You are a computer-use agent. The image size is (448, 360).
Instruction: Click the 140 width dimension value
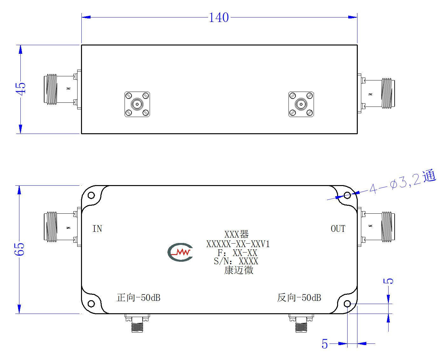(x=219, y=17)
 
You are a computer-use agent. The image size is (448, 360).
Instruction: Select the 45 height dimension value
(x=21, y=89)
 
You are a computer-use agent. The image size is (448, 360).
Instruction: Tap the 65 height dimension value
(x=19, y=249)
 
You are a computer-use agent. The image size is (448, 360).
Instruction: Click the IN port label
(x=97, y=229)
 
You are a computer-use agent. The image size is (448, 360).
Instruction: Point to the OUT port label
(x=338, y=229)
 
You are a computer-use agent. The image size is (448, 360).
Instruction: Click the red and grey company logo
(x=180, y=252)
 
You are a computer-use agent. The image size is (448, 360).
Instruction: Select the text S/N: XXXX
(x=236, y=261)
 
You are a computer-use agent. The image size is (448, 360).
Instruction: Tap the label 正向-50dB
(x=139, y=298)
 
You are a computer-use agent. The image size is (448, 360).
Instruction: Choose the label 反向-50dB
(x=299, y=298)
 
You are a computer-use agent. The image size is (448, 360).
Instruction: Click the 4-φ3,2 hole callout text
(x=403, y=182)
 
